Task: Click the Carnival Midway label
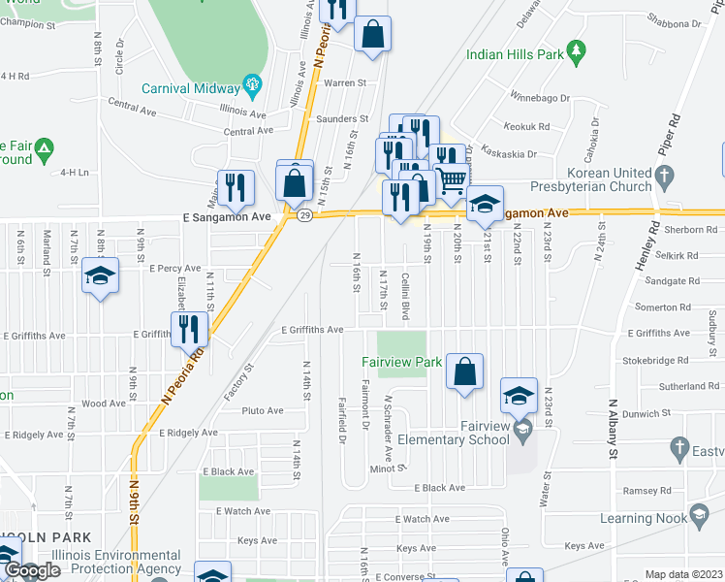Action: click(x=190, y=85)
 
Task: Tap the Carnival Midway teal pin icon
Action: click(x=254, y=85)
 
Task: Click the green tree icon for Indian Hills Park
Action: click(x=577, y=48)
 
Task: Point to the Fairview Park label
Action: click(x=401, y=362)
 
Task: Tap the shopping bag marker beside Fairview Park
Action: click(x=465, y=372)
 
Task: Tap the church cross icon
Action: click(x=664, y=177)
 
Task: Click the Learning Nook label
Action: click(x=639, y=519)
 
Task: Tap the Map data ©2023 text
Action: click(x=682, y=574)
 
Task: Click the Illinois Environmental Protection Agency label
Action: click(x=117, y=562)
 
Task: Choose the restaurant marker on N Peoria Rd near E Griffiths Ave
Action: click(x=189, y=329)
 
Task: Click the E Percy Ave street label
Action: click(x=173, y=268)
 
